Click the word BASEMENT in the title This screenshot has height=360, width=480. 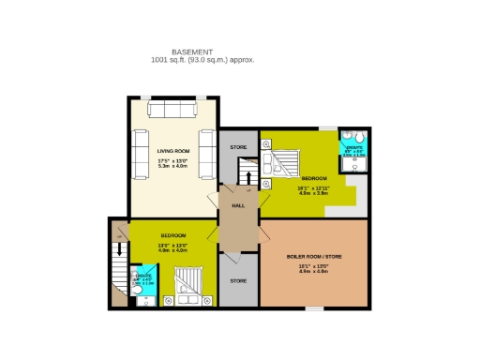point(192,52)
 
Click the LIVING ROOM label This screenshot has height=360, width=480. point(173,150)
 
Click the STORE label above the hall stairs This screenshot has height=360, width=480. point(238,147)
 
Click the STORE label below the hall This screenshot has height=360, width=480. point(238,280)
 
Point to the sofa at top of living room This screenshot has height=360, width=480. point(173,111)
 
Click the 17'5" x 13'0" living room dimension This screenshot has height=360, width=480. point(173,161)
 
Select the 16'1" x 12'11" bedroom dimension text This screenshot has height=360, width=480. point(313,187)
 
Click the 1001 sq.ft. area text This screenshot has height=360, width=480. point(202,60)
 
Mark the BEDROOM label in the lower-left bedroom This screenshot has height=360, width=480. point(172,235)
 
